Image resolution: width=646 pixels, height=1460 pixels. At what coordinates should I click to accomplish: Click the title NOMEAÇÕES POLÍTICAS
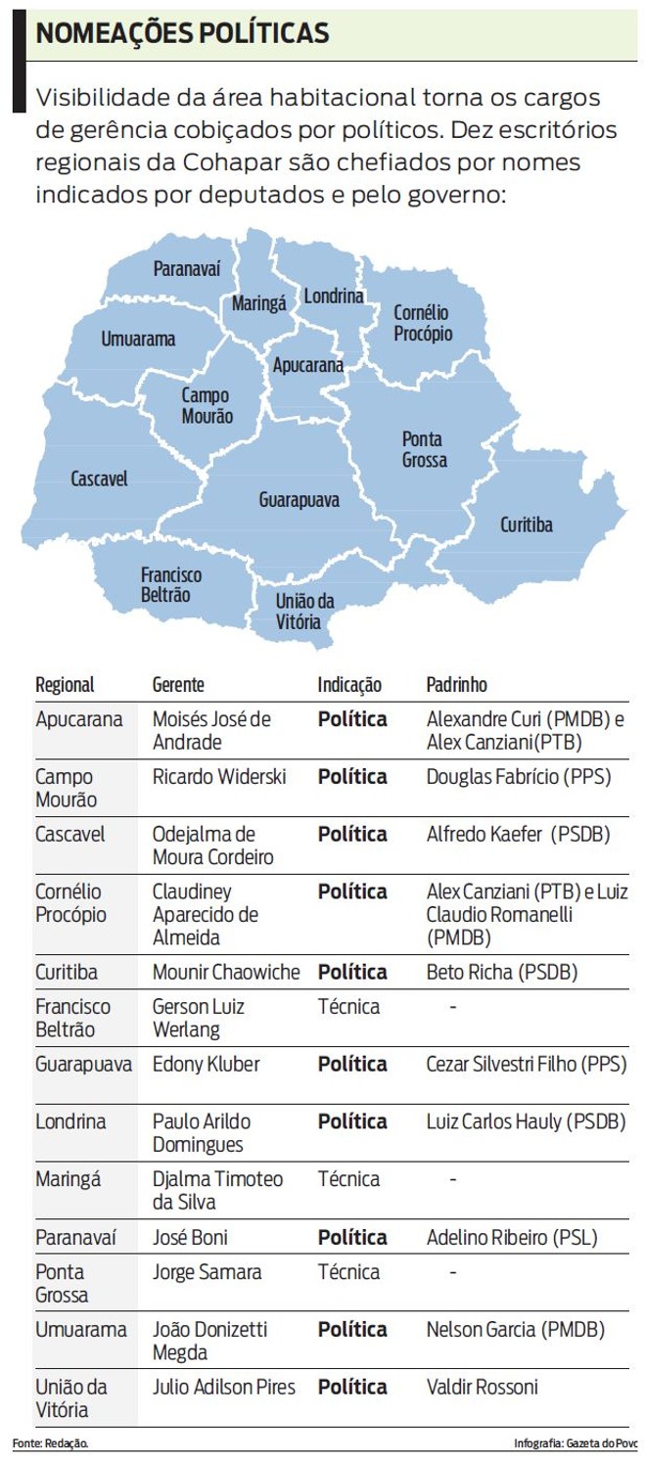(182, 33)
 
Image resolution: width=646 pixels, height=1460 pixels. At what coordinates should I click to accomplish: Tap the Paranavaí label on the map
(187, 269)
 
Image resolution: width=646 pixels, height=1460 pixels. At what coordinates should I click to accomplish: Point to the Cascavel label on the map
(99, 479)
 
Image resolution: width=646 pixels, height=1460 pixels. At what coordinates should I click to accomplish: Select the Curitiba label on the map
(527, 525)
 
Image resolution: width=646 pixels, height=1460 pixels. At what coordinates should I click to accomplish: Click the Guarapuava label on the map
(300, 500)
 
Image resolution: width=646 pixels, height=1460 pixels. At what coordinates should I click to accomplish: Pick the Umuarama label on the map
(138, 340)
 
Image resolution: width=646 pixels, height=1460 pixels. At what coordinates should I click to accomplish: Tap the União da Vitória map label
(304, 611)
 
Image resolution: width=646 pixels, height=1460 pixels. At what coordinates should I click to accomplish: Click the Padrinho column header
(456, 685)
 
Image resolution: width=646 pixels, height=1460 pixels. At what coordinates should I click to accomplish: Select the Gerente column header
(178, 685)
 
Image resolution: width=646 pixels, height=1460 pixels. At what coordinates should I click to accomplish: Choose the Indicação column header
(349, 685)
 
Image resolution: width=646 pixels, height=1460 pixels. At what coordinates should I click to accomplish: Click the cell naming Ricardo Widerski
(219, 777)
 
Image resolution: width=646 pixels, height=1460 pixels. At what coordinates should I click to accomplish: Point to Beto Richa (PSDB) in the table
(502, 973)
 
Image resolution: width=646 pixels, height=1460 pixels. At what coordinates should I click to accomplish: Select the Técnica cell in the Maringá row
(348, 1179)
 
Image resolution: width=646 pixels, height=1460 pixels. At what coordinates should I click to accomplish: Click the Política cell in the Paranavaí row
(352, 1237)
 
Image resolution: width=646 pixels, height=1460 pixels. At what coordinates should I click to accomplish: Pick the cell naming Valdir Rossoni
(483, 1387)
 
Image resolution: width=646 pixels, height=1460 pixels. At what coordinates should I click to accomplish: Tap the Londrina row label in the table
(70, 1121)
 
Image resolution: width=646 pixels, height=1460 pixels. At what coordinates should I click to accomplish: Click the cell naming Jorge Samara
(208, 1272)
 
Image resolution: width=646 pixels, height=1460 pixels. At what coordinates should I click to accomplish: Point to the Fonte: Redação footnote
(51, 1443)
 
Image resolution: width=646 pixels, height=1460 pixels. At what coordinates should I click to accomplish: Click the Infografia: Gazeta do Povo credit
(575, 1443)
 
